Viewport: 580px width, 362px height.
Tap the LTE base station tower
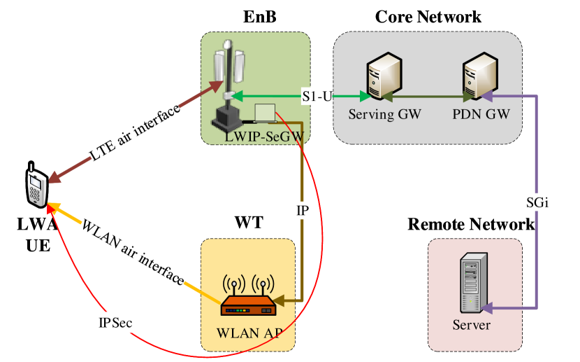coord(231,84)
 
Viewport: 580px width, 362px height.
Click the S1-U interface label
coord(317,96)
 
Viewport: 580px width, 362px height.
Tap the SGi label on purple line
coord(537,203)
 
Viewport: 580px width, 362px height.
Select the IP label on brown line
coord(302,211)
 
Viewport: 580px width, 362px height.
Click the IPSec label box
coord(115,323)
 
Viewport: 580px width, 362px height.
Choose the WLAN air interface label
coord(133,252)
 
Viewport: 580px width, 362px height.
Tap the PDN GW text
coord(481,115)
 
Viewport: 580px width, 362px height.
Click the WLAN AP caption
coord(249,332)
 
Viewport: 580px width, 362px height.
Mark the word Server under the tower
coord(471,326)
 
